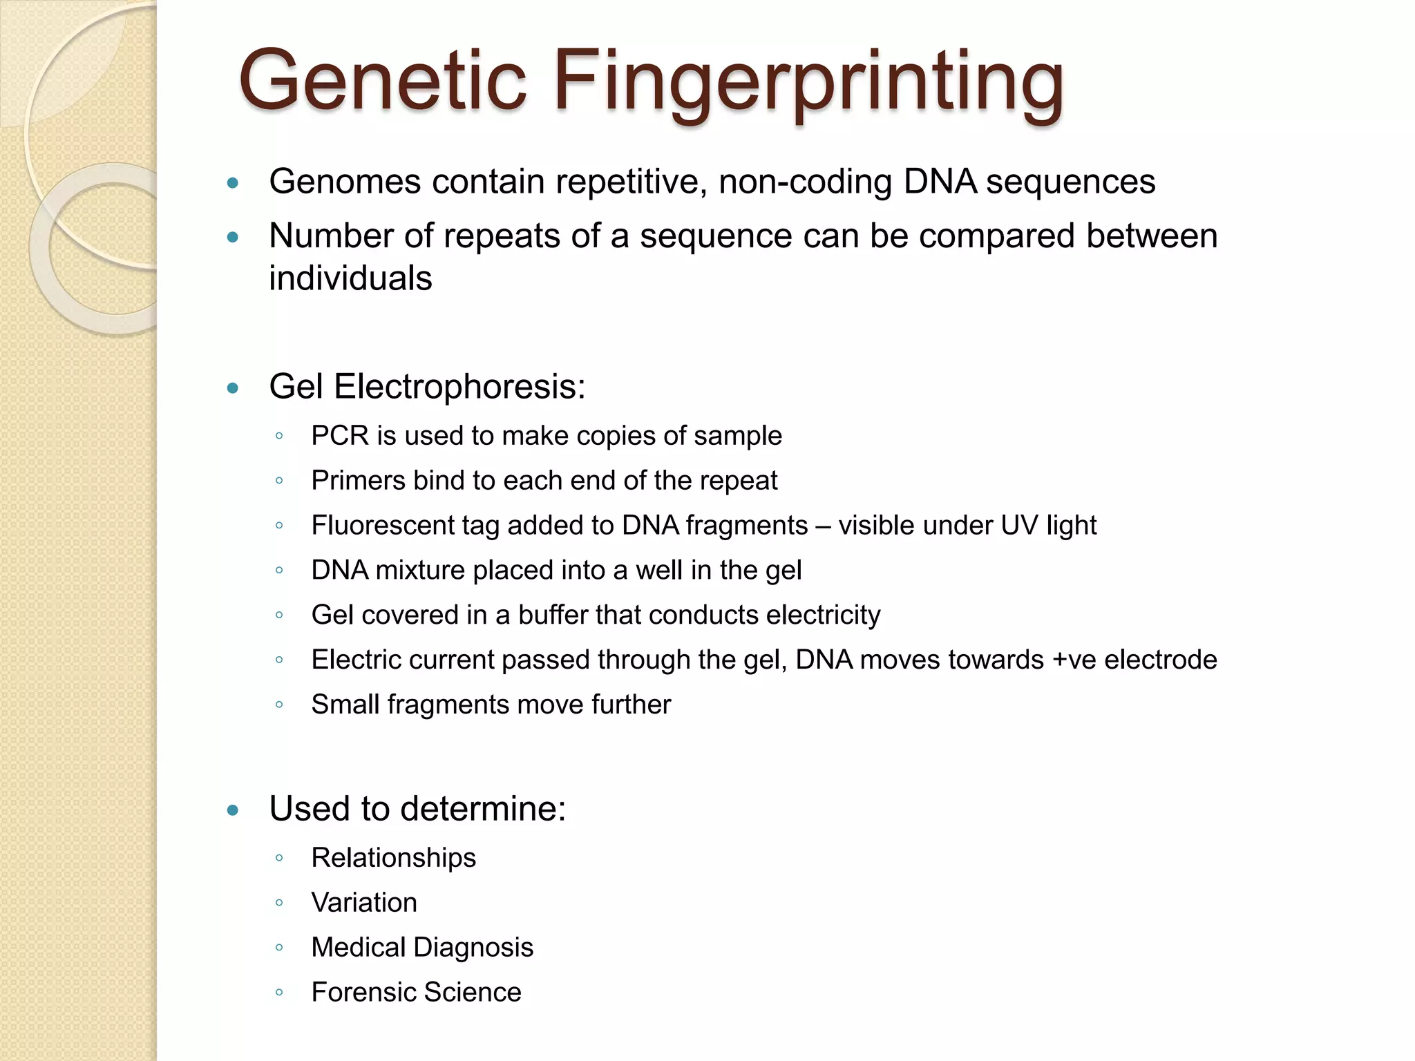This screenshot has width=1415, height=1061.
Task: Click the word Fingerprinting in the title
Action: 807,83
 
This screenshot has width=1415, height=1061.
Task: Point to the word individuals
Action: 350,279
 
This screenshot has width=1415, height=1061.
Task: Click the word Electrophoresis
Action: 459,387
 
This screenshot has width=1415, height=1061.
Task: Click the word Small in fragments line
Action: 345,705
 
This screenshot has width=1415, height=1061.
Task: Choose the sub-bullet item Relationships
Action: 393,859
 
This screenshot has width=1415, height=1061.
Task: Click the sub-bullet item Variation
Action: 364,904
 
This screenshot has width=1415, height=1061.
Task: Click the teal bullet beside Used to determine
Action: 233,810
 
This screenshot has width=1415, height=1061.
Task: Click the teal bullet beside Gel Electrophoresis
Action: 233,388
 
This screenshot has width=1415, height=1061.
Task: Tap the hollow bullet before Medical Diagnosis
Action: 279,948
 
